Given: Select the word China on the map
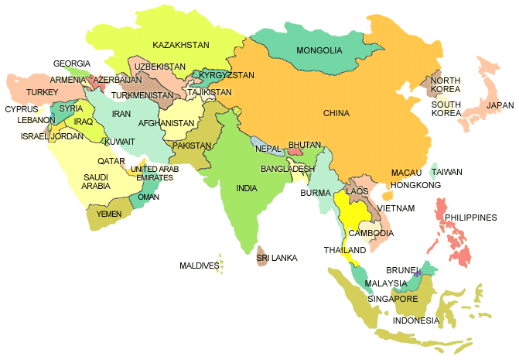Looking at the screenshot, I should tap(336, 113).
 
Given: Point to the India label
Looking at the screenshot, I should tap(247, 188).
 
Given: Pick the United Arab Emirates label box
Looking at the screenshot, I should tap(154, 173).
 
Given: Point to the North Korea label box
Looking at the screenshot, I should tap(446, 85).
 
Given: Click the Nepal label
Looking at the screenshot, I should tap(268, 148).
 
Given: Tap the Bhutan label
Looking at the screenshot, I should tap(303, 145).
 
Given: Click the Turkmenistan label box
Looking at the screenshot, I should tap(142, 95).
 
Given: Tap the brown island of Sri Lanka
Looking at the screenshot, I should tap(262, 256).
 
